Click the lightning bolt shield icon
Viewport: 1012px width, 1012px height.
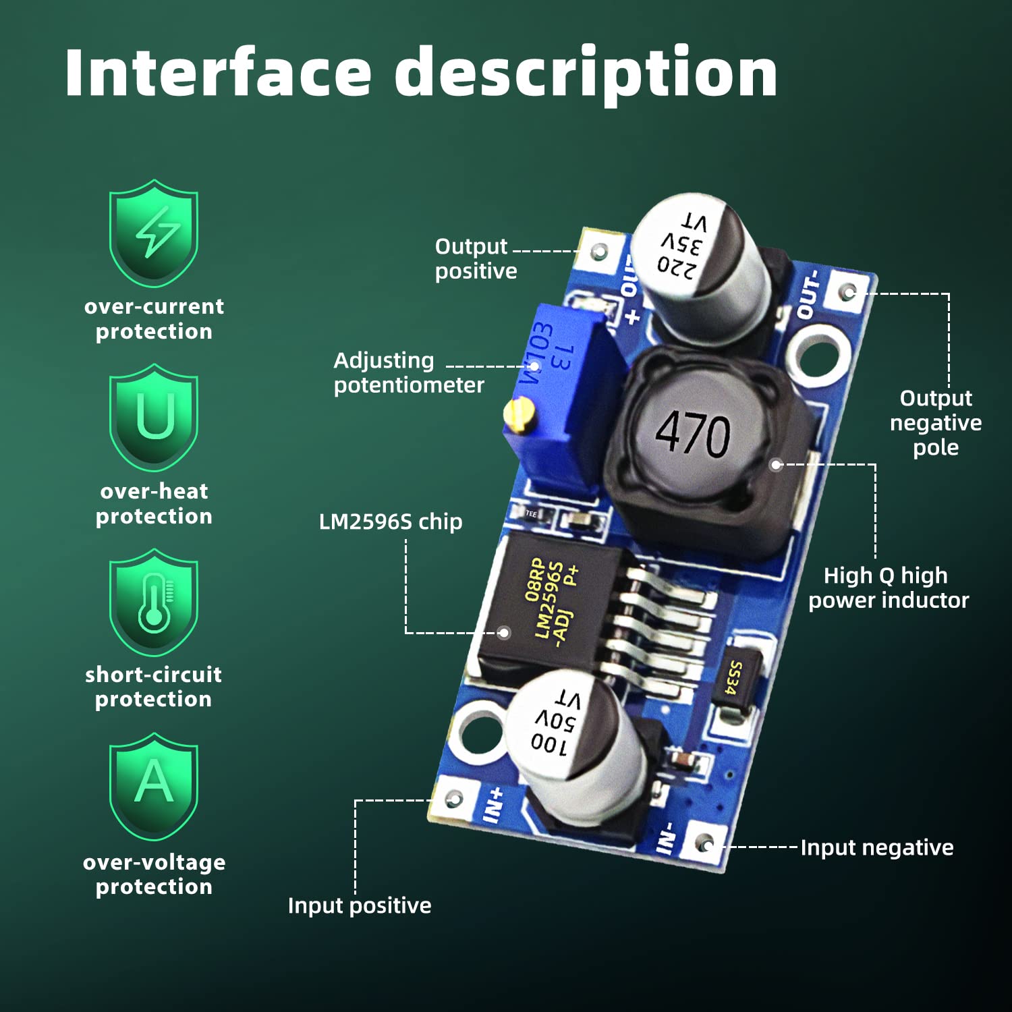click(154, 233)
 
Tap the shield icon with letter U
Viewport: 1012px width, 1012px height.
click(154, 417)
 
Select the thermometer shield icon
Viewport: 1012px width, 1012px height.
click(154, 602)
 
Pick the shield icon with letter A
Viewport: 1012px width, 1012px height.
click(154, 786)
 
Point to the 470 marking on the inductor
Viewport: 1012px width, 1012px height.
click(693, 433)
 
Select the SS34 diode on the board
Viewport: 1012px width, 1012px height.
click(735, 678)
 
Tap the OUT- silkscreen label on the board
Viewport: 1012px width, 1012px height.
click(808, 294)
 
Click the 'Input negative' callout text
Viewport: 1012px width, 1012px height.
click(876, 847)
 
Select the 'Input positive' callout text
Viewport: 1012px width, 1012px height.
click(360, 905)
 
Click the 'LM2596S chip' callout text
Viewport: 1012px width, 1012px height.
click(391, 522)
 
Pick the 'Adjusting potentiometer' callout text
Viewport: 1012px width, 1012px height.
click(408, 372)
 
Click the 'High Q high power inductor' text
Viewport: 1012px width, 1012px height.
click(889, 588)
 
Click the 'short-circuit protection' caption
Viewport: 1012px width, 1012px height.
click(154, 687)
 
